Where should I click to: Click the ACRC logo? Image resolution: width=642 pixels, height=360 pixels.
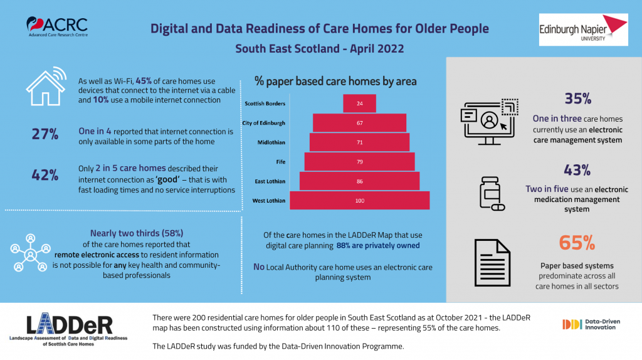tap(57, 26)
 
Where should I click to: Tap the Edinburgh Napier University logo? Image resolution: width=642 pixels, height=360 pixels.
tap(583, 29)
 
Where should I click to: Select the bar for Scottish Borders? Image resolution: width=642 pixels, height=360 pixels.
tap(359, 103)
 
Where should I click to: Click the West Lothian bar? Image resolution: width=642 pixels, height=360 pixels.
tap(359, 201)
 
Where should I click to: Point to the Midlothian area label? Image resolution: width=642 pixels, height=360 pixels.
tap(271, 142)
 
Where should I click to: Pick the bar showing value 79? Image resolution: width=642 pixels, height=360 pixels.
tap(359, 162)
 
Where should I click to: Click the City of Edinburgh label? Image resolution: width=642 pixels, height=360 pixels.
tap(264, 123)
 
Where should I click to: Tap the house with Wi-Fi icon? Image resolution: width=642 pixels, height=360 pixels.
tap(46, 87)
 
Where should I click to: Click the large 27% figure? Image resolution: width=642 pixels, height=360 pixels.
tap(45, 134)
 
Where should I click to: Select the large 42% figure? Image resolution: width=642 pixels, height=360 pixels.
tap(45, 175)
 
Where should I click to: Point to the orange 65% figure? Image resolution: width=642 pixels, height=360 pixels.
tap(577, 243)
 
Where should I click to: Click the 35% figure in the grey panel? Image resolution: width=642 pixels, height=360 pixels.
tap(577, 98)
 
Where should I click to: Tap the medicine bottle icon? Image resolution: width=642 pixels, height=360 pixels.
tap(492, 194)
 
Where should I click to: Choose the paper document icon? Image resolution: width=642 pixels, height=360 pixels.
tap(492, 263)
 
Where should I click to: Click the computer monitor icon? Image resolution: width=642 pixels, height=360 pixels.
tap(489, 122)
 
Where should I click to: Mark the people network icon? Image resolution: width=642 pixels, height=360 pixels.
tap(30, 253)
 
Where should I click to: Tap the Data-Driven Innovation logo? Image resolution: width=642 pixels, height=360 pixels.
tap(591, 324)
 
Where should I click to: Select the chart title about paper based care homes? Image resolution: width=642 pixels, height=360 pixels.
tap(335, 81)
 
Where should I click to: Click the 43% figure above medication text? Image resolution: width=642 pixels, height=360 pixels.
tap(577, 170)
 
